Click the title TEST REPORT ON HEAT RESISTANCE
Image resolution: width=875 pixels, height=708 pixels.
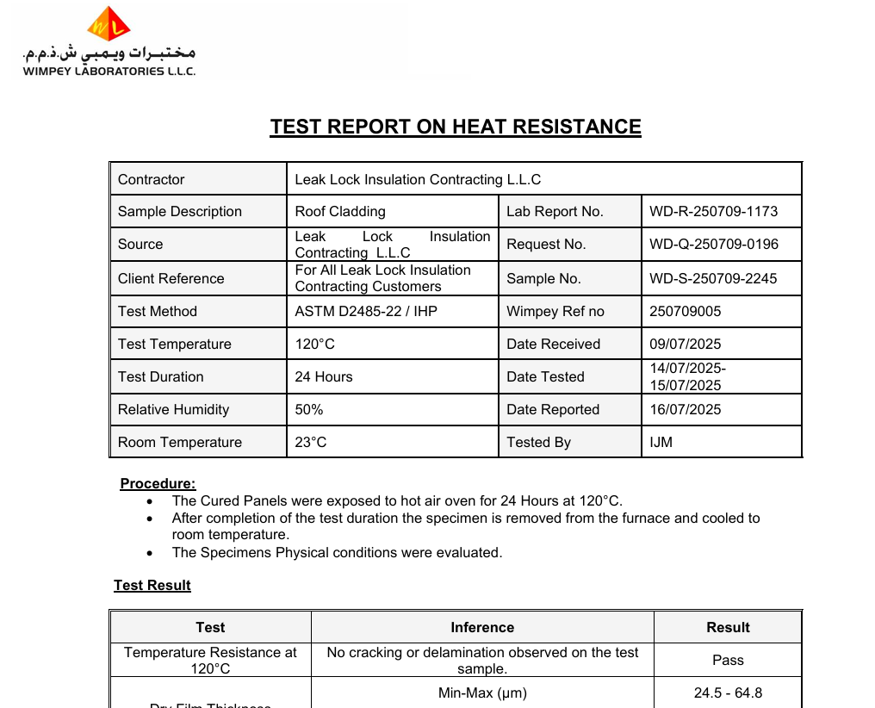456,127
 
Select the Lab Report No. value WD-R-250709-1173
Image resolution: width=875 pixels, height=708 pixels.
713,212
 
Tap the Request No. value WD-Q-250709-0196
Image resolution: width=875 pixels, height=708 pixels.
713,245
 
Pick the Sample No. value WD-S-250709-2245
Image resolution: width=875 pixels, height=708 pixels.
713,279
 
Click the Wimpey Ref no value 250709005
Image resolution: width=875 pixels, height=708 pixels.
686,312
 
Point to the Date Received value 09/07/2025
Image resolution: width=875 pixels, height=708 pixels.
686,345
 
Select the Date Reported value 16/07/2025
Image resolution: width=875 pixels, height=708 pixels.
686,410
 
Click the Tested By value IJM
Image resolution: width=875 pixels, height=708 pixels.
661,443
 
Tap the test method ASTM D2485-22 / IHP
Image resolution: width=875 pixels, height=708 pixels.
366,312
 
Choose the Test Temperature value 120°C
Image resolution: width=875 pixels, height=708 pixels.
315,345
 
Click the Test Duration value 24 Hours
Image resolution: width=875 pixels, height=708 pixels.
324,377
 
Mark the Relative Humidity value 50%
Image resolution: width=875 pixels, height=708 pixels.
309,410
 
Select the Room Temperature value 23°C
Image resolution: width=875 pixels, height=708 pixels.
311,443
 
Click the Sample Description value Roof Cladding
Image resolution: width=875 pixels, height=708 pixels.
340,212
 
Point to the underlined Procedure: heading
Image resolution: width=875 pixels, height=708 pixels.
158,484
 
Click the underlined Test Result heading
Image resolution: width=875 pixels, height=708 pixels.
152,586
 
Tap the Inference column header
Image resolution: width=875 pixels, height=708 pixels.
482,628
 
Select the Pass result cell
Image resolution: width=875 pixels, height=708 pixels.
728,661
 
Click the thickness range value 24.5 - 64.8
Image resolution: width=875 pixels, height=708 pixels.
728,693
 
